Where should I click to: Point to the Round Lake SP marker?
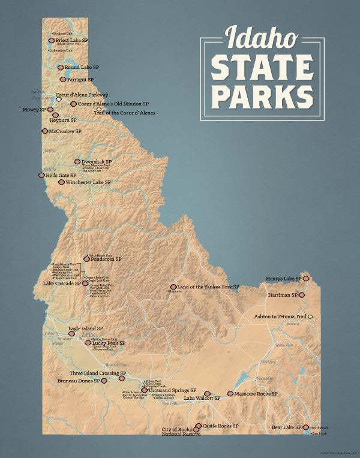[x=61, y=67]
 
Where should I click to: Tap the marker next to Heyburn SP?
[x=55, y=115]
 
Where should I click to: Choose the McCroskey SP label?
[x=65, y=131]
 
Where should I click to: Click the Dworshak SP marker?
[x=77, y=161]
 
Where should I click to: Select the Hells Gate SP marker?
[x=41, y=175]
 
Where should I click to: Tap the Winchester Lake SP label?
[x=88, y=182]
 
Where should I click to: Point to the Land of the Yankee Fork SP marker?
[x=173, y=287]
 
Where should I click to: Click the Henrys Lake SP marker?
[x=306, y=278]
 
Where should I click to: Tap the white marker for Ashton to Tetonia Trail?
[x=310, y=316]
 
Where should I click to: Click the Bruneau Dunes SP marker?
[x=104, y=380]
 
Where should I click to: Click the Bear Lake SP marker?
[x=306, y=427]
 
